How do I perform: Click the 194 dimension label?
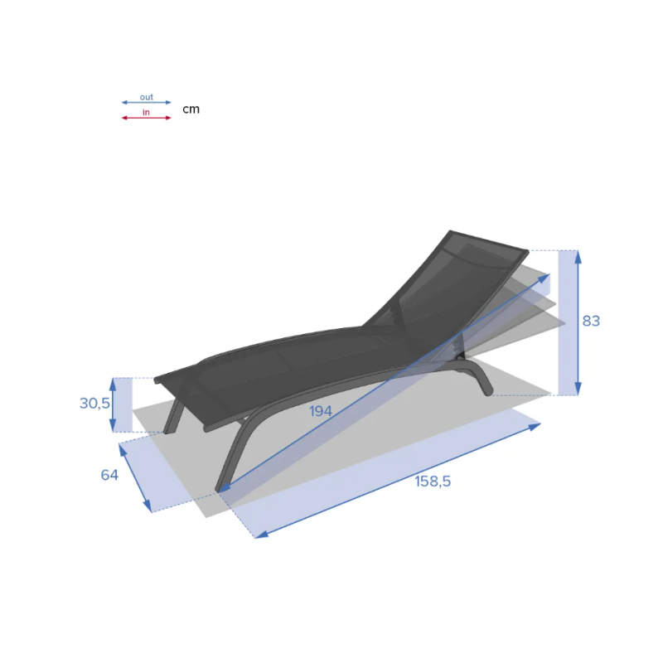321,411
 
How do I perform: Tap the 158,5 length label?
433,482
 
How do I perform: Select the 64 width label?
109,475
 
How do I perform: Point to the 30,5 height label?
94,404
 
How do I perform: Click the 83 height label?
591,321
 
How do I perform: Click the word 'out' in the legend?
147,97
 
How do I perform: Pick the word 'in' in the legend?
146,112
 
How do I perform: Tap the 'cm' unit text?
191,109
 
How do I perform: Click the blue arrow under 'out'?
147,102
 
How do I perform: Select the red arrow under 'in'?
147,118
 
